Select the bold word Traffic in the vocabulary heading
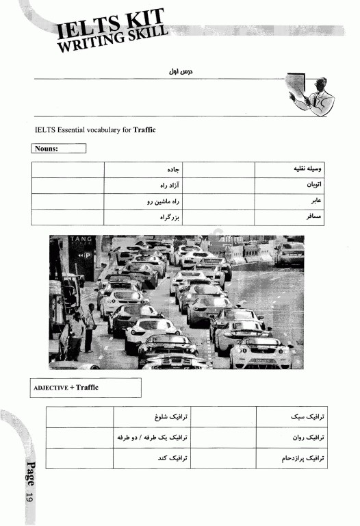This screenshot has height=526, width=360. [144, 129]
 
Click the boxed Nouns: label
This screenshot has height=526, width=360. [59, 148]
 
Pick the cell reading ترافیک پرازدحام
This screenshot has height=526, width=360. [298, 457]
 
